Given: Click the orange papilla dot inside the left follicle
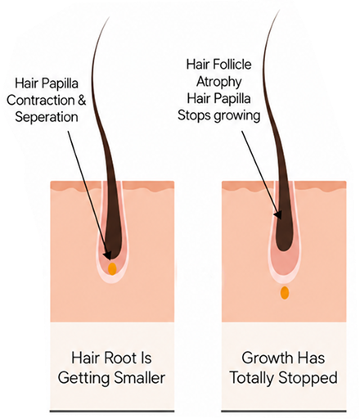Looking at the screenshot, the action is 112,268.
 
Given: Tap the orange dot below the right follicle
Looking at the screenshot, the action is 285,292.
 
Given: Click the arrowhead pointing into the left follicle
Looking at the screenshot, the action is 107,255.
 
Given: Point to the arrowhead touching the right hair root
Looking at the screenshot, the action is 278,214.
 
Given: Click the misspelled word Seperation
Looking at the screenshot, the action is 47,117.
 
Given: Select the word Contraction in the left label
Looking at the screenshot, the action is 40,100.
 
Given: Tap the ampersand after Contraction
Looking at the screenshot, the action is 82,100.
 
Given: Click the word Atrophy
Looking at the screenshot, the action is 219,82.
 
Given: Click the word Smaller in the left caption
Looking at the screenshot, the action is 139,378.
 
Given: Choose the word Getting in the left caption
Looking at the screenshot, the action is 84,379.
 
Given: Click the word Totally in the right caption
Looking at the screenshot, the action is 252,378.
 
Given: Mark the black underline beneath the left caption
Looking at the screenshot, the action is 112,411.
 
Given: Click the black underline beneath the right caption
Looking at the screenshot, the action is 284,411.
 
